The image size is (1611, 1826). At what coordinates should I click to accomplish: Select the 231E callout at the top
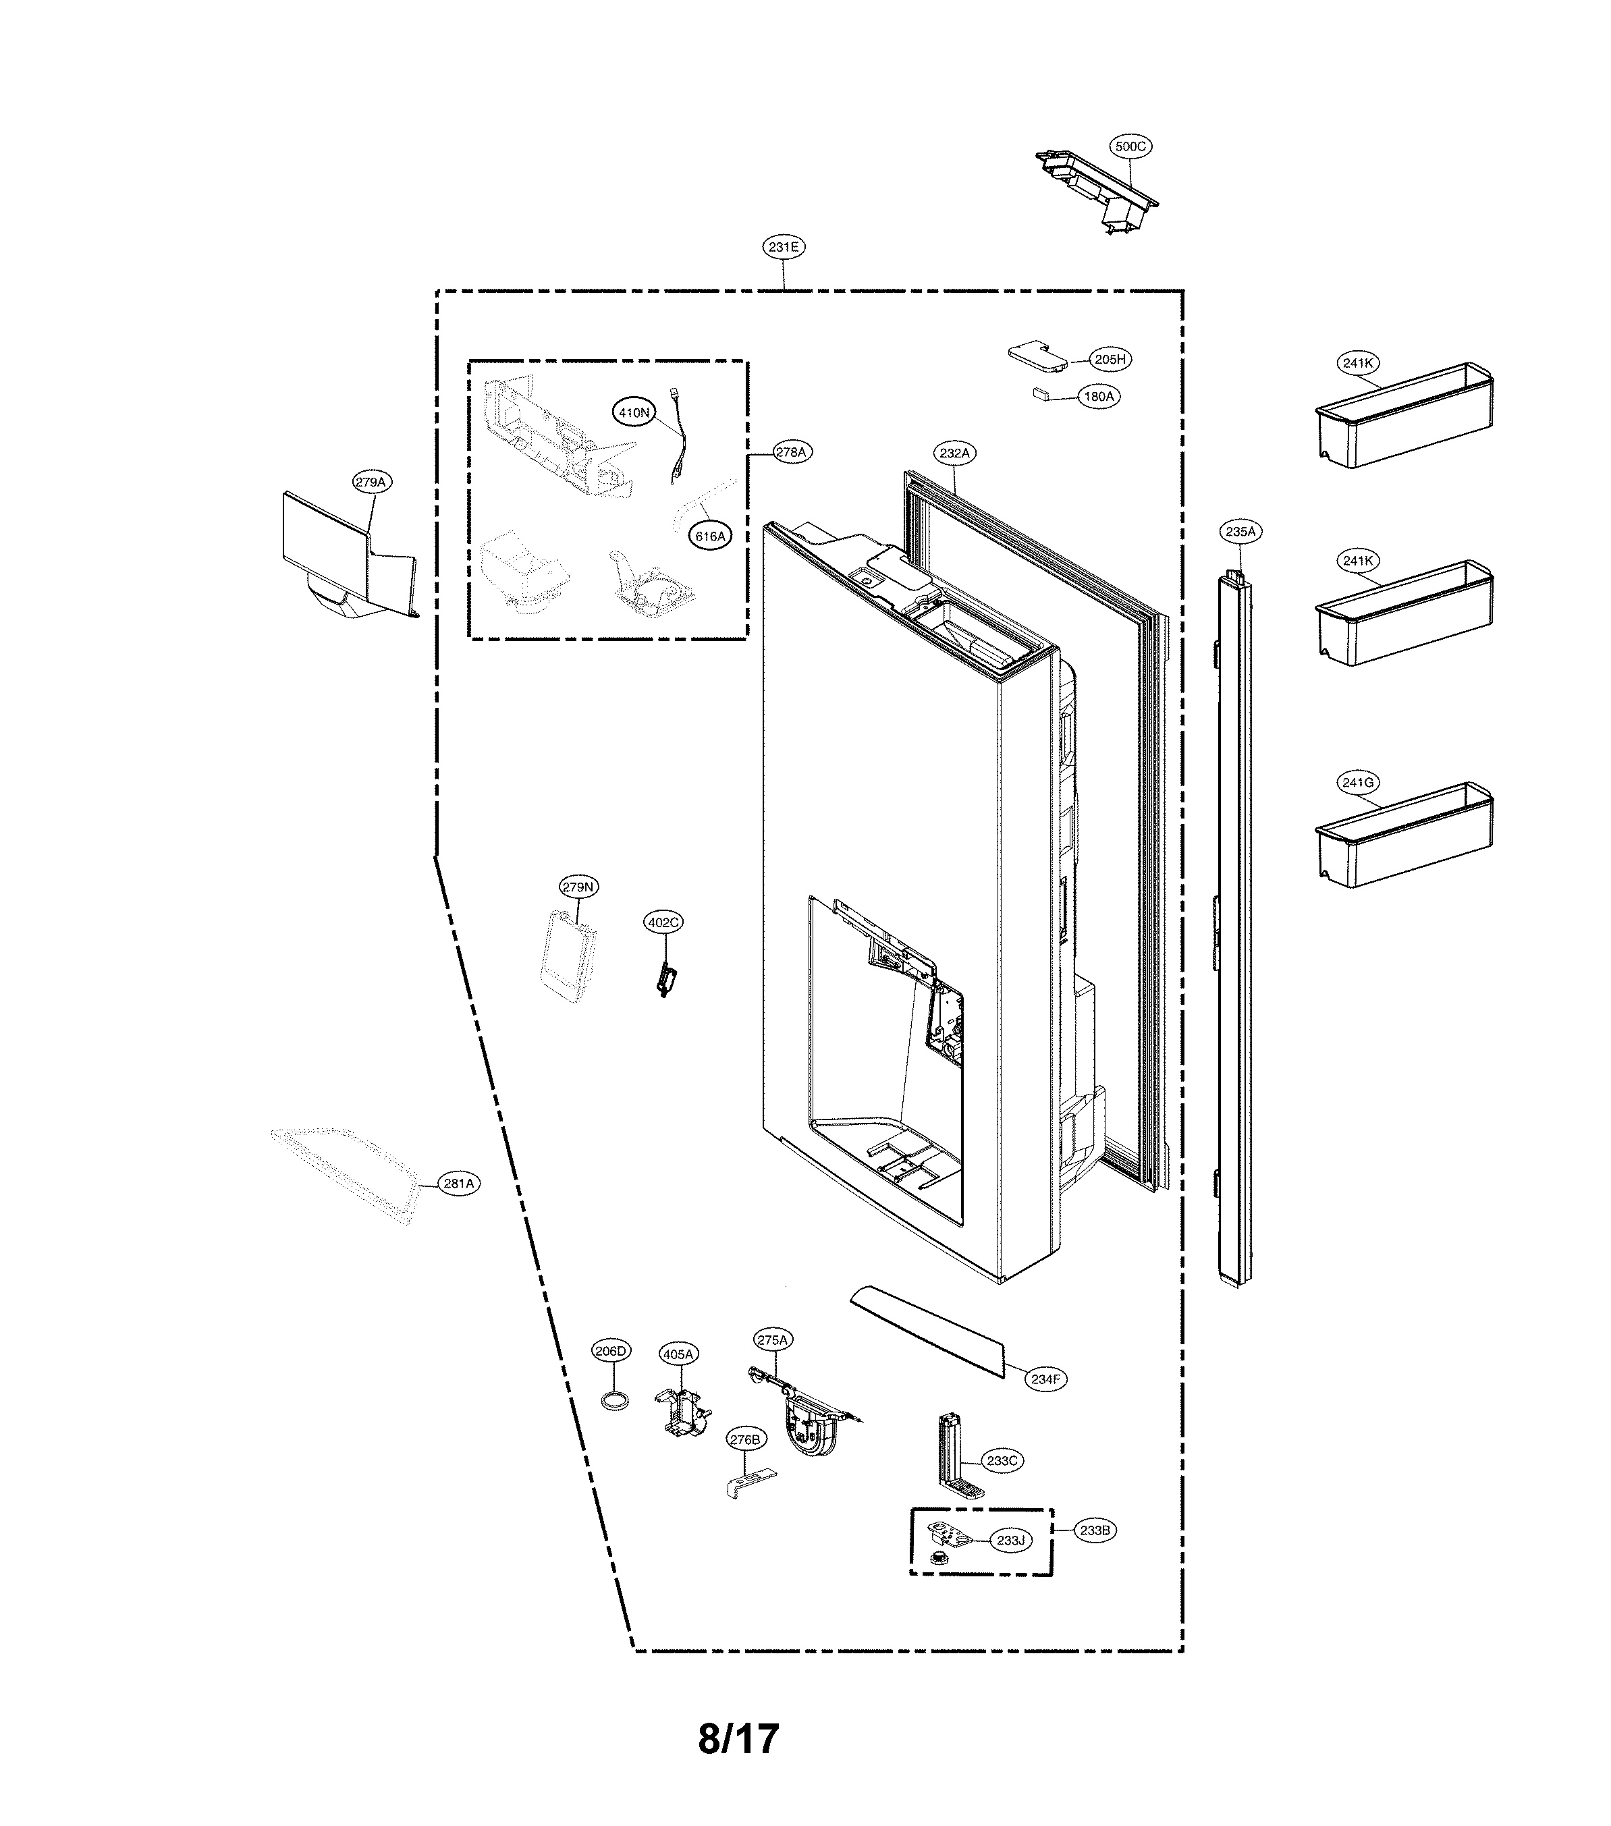pos(784,248)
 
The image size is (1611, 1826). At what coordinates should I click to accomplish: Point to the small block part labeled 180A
pos(1039,392)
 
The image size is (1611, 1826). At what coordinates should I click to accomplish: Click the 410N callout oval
pos(634,413)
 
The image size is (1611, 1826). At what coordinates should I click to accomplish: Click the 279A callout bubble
pos(370,482)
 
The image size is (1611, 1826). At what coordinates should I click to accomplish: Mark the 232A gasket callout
pos(954,453)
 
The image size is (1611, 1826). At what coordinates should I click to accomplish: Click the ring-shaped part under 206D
pos(612,1401)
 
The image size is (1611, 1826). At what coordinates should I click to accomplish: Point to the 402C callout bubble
pos(663,922)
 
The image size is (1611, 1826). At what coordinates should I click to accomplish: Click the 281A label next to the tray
pos(458,1184)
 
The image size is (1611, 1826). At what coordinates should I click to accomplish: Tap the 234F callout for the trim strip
pos(1045,1379)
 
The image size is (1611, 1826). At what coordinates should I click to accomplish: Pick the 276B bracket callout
pos(744,1439)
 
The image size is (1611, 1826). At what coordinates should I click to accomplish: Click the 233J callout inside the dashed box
pos(1010,1540)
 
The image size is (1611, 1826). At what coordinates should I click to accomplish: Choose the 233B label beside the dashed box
pos(1095,1530)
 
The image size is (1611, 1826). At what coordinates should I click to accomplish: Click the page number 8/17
pos(738,1738)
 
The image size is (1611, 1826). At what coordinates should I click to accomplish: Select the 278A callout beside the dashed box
pos(790,453)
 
